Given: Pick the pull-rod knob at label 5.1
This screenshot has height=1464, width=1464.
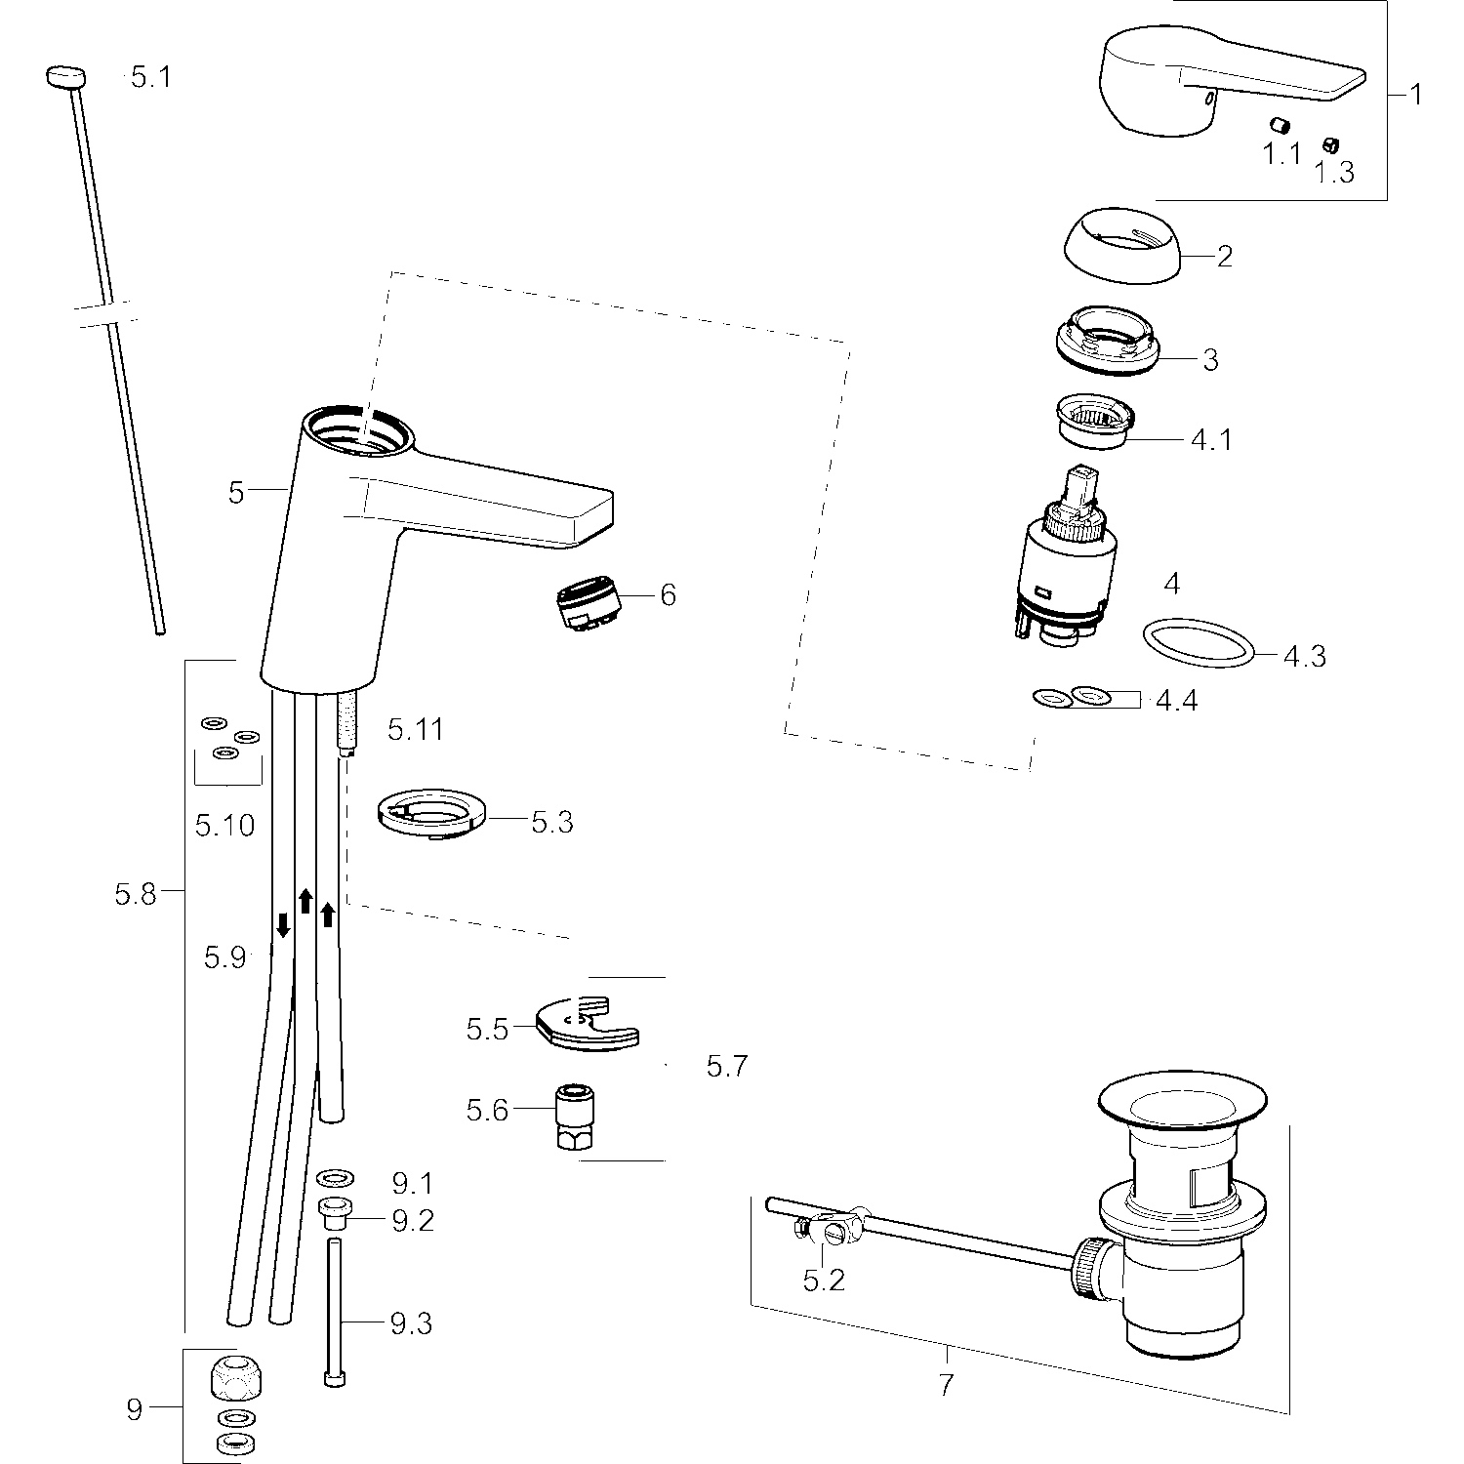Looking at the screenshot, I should click(65, 76).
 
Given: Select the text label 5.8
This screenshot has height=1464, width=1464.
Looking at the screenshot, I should click(135, 893).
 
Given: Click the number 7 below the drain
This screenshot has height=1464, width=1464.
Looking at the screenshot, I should click(946, 1384).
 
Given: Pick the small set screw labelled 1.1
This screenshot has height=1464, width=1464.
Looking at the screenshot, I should click(1281, 126).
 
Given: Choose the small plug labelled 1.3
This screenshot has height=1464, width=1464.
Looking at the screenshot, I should click(1329, 144).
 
